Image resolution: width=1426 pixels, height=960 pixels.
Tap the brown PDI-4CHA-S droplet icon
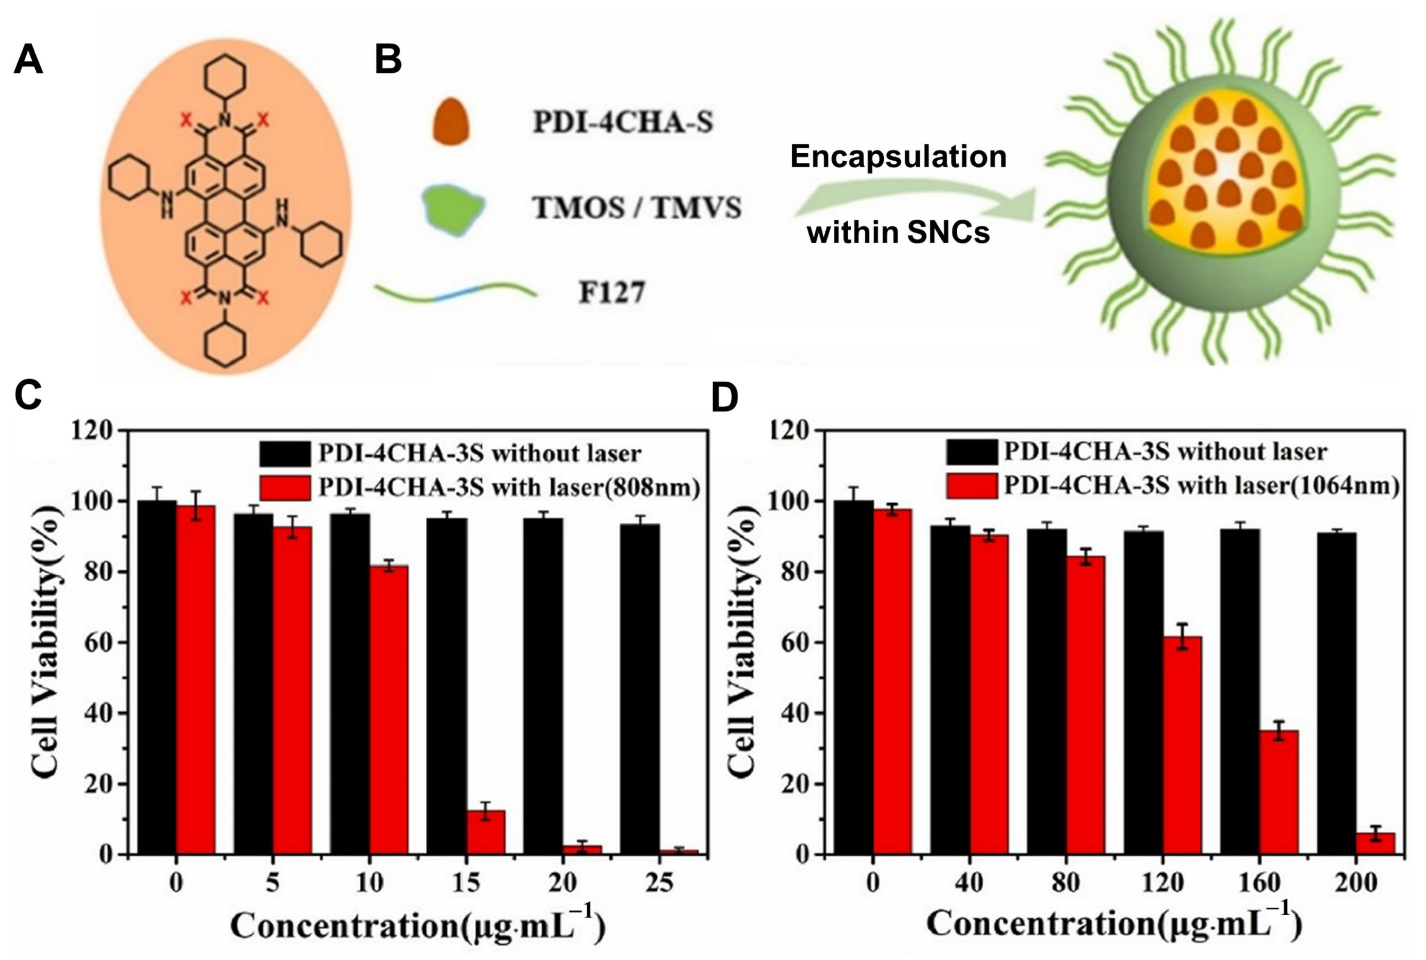pyautogui.click(x=451, y=121)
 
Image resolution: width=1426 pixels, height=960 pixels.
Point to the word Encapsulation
pyautogui.click(x=898, y=157)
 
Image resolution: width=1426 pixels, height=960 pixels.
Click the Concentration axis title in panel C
pyautogui.click(x=417, y=926)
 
